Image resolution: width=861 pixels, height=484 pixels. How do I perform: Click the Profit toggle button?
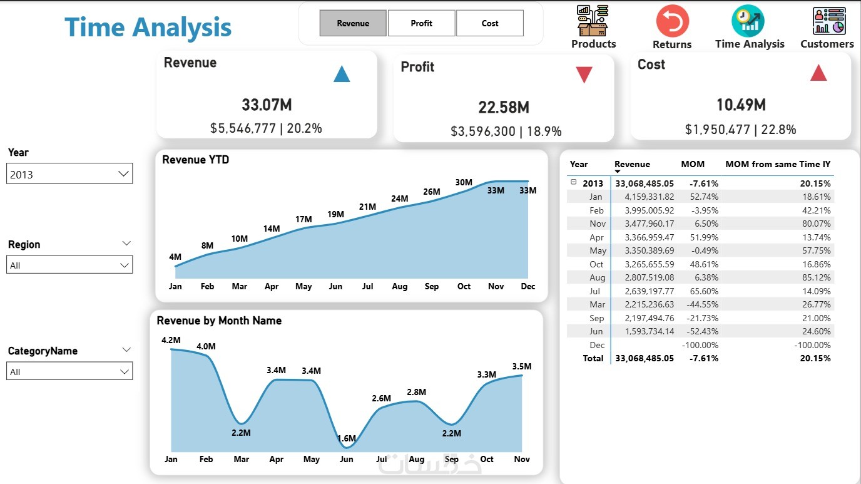click(421, 23)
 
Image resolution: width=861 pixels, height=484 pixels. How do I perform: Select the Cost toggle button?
click(490, 23)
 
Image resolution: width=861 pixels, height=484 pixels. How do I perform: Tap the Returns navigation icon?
click(672, 21)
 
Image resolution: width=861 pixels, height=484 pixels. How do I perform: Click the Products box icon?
click(593, 21)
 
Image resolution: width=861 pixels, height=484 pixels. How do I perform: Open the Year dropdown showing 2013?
click(69, 174)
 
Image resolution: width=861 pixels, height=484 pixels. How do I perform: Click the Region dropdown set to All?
click(69, 265)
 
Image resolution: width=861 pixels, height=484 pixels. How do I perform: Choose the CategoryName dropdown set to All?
click(69, 371)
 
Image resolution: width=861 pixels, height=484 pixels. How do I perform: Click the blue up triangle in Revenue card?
click(342, 75)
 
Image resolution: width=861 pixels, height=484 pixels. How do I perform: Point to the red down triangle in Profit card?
click(584, 75)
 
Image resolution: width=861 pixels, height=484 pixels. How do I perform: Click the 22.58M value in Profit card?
click(504, 108)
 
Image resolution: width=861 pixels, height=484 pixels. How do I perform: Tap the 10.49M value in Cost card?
click(741, 105)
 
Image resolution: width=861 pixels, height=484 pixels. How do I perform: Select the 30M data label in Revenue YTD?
click(464, 182)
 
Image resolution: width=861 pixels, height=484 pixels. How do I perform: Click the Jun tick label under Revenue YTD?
click(335, 286)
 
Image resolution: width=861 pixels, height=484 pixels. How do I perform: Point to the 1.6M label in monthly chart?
click(346, 438)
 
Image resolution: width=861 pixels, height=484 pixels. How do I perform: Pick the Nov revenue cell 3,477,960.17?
click(644, 224)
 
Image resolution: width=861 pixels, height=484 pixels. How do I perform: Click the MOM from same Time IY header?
click(778, 164)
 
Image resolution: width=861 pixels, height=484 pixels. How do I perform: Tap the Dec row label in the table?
click(597, 345)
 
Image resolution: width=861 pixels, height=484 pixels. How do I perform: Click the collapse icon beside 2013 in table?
click(574, 182)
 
